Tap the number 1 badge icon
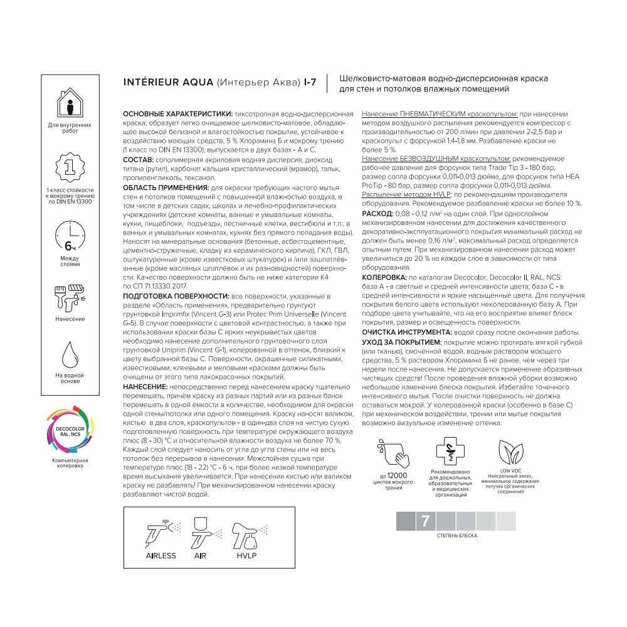click(x=71, y=166)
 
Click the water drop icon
click(x=70, y=355)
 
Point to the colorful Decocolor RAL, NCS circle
click(x=70, y=433)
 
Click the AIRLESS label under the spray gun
click(x=161, y=556)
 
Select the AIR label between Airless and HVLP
click(x=201, y=556)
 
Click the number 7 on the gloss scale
click(x=425, y=520)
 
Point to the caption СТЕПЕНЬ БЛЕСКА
click(x=456, y=537)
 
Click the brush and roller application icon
click(x=70, y=295)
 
